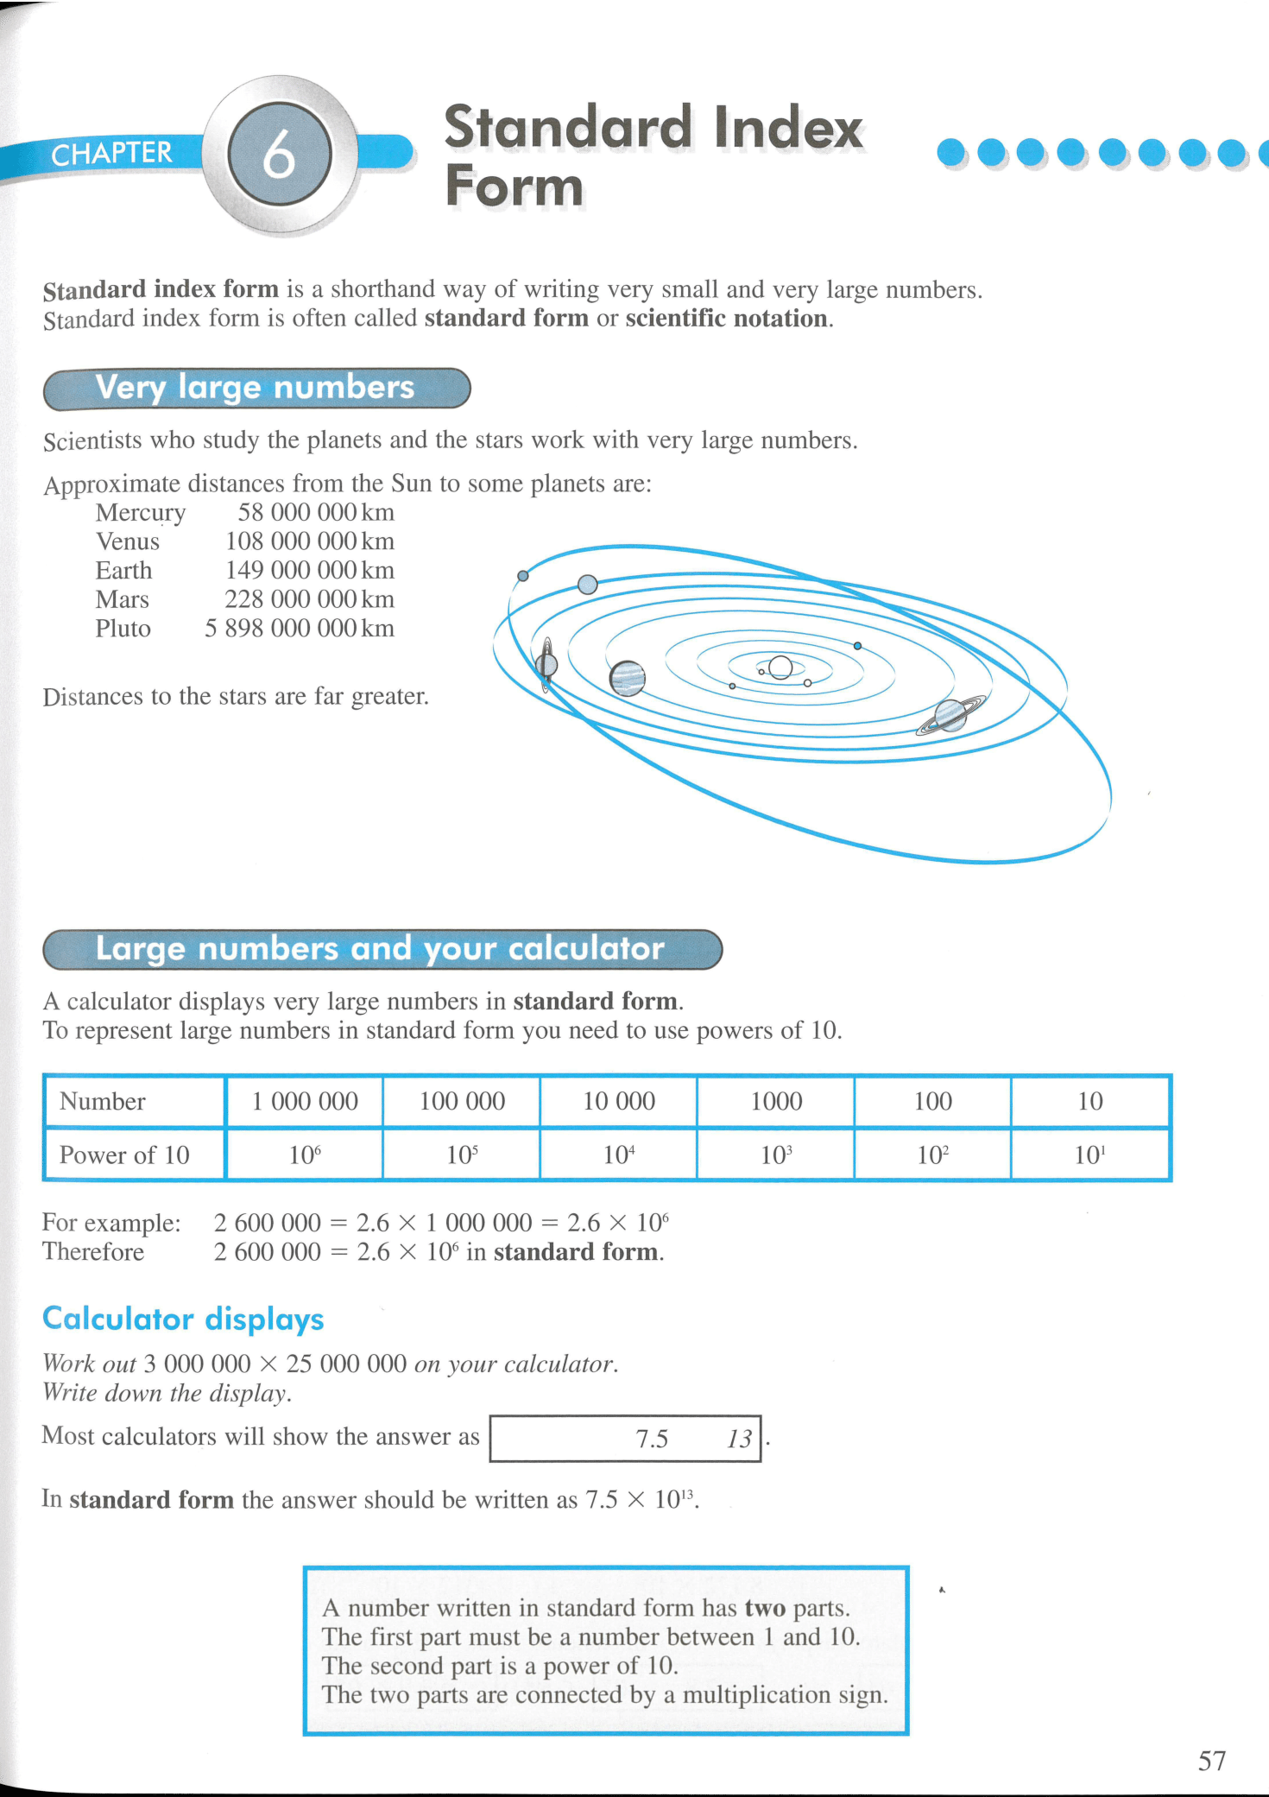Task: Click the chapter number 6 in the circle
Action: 279,155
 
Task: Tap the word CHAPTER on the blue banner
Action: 111,154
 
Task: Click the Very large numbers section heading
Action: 256,388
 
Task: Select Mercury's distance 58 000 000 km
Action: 316,512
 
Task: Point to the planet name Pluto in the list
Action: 123,628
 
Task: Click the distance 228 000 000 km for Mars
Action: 309,599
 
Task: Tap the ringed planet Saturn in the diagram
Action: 950,715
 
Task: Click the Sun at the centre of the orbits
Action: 780,668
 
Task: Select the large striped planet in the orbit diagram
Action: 628,678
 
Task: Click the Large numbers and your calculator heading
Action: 380,949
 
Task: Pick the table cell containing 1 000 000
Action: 305,1101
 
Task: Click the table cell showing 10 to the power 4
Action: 619,1155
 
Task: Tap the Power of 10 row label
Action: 124,1155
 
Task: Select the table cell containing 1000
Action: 776,1101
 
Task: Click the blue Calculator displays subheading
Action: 183,1319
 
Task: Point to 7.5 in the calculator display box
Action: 652,1439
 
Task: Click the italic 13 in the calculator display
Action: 739,1439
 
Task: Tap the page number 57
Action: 1211,1760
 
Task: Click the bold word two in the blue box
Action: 765,1608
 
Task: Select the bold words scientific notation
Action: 726,319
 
